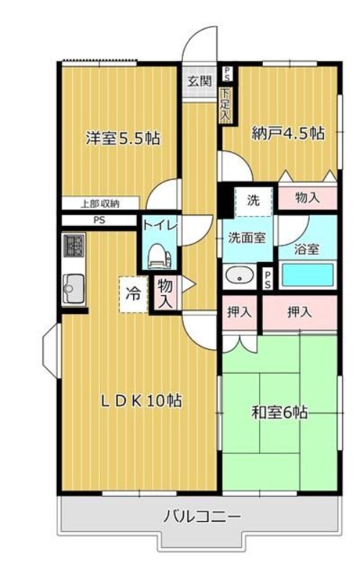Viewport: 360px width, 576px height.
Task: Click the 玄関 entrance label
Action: point(200,81)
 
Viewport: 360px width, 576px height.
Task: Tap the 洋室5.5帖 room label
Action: point(122,138)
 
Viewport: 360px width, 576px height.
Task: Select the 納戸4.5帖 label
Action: point(288,133)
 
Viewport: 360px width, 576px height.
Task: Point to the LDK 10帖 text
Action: point(141,401)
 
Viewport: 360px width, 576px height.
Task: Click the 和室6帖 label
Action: point(279,413)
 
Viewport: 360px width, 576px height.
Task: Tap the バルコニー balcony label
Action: point(202,517)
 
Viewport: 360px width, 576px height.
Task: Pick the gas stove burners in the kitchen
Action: point(74,246)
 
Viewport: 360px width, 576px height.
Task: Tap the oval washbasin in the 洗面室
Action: point(240,276)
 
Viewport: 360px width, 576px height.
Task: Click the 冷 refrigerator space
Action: point(133,294)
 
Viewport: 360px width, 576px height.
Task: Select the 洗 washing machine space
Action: point(254,201)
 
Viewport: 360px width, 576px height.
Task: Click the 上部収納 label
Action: point(100,204)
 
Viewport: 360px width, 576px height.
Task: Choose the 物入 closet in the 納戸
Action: point(307,198)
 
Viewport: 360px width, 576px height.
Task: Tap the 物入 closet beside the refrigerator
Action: point(166,293)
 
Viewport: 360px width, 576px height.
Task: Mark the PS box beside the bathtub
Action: point(267,279)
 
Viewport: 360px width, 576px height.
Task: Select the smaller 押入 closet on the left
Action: point(239,312)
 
